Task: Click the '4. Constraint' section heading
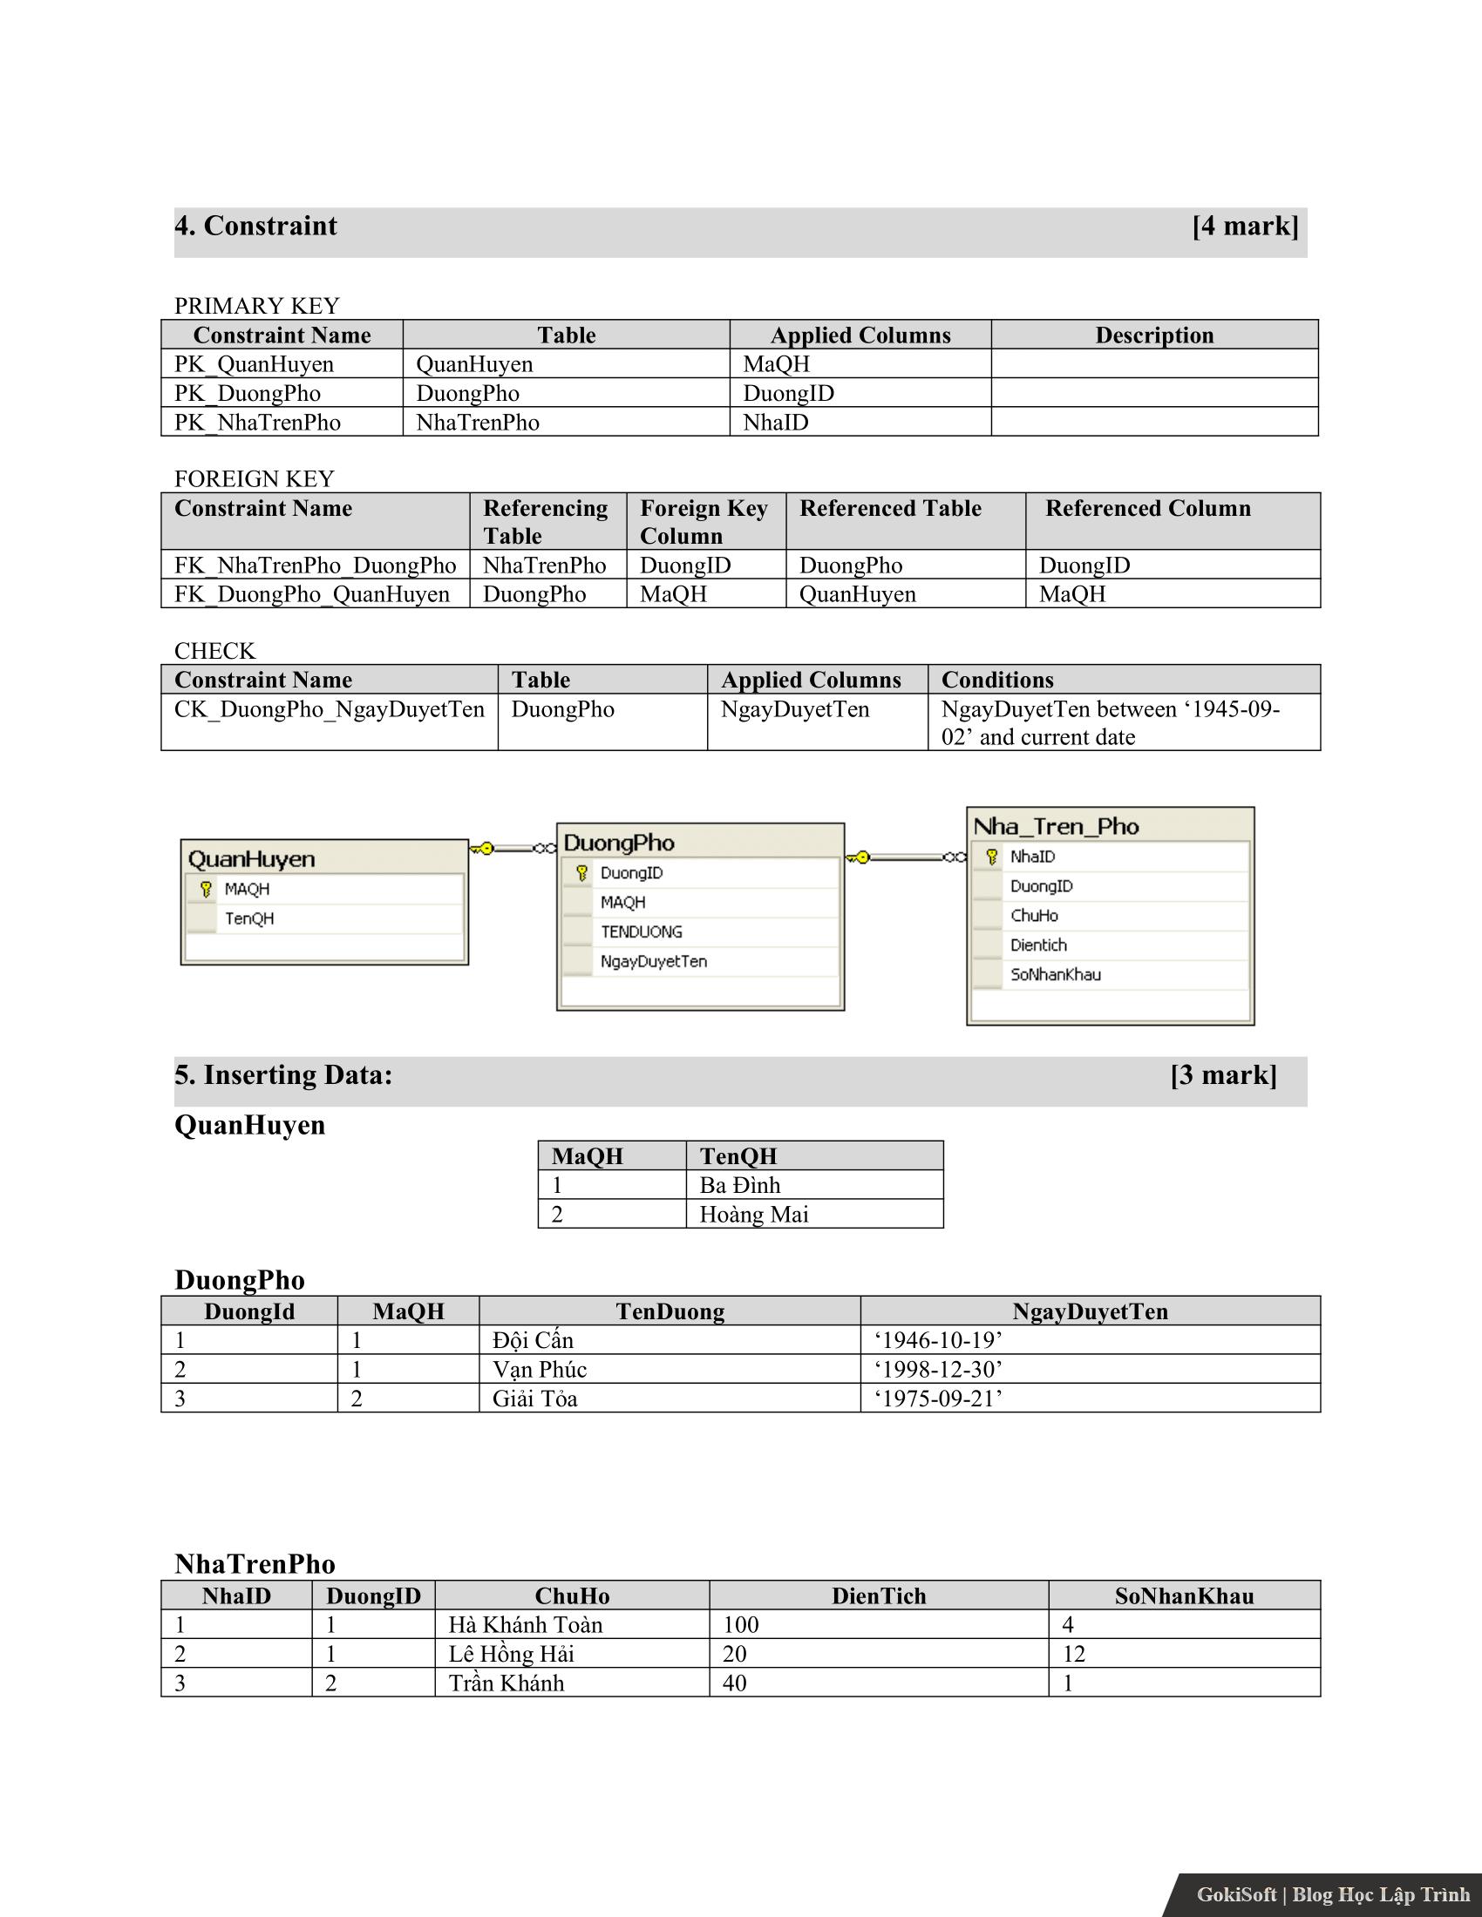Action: click(255, 227)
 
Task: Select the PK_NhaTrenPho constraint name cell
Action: click(257, 423)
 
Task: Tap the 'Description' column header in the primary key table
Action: click(1153, 335)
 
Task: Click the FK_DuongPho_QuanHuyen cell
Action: click(312, 594)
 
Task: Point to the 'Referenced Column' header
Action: click(1147, 509)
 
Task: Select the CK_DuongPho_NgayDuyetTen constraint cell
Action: click(329, 709)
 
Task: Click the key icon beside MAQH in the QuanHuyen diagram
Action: click(206, 889)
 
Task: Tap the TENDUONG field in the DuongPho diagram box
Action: click(641, 932)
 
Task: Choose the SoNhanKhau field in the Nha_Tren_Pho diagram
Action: click(1055, 974)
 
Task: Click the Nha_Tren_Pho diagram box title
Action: click(1056, 827)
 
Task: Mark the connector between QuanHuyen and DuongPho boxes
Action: click(513, 848)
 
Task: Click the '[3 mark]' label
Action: click(1223, 1075)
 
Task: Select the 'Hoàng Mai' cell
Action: click(753, 1215)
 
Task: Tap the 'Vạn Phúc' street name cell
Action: click(539, 1369)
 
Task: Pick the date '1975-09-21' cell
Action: click(938, 1399)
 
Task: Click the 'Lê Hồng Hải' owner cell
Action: click(510, 1654)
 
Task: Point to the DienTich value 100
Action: click(740, 1625)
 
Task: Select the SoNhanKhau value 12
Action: click(1074, 1654)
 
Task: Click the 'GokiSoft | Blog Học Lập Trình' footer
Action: click(1332, 1894)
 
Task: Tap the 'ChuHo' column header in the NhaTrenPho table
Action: click(572, 1595)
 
